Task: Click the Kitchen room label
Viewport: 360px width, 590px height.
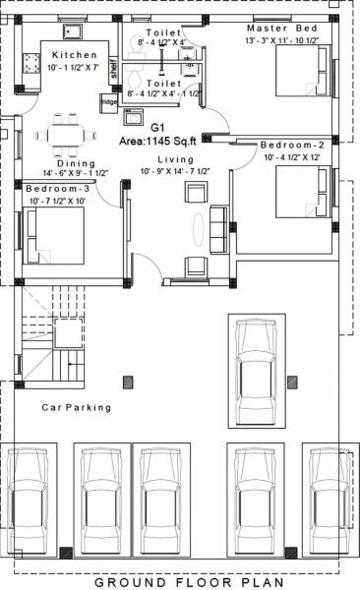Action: (x=75, y=55)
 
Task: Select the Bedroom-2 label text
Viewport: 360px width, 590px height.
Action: (x=292, y=146)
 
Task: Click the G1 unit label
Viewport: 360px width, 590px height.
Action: (x=157, y=128)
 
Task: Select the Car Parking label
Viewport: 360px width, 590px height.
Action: (x=76, y=407)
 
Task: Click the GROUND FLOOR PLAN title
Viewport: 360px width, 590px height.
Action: (x=181, y=582)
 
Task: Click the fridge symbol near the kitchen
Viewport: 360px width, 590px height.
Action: (x=106, y=102)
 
